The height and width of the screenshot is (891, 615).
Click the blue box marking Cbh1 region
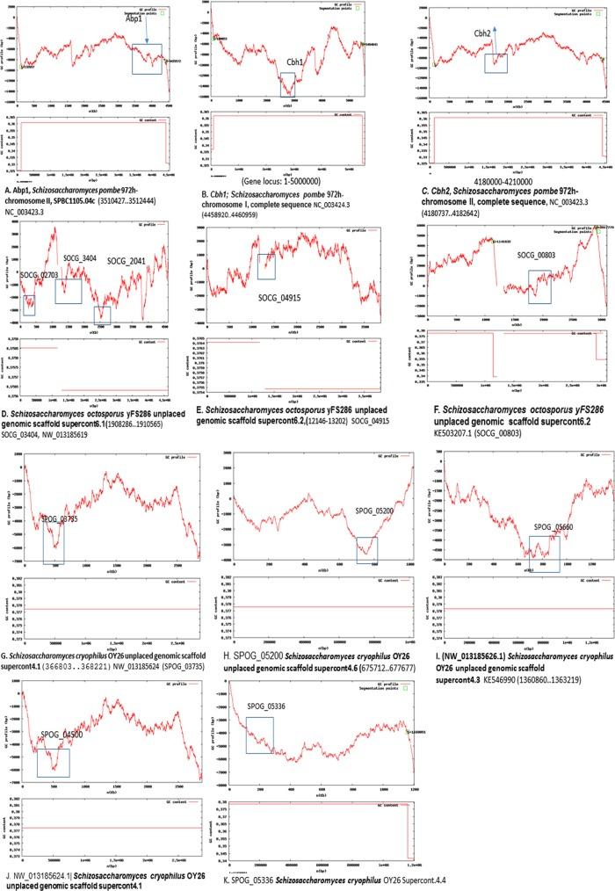coord(287,85)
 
